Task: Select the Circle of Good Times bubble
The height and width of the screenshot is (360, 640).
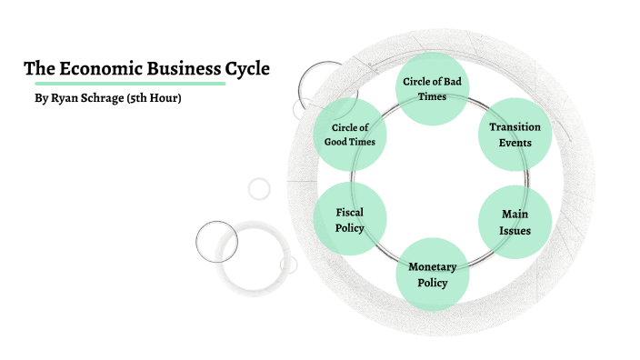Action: click(x=349, y=135)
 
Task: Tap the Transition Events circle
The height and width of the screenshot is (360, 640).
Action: click(x=515, y=135)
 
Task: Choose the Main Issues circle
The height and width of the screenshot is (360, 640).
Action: click(x=515, y=222)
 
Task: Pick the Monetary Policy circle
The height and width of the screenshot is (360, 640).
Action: click(x=433, y=274)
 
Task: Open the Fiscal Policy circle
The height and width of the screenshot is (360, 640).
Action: click(x=350, y=220)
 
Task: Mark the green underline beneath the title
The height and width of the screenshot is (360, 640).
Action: click(x=124, y=84)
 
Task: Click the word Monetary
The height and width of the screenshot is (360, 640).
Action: click(x=433, y=266)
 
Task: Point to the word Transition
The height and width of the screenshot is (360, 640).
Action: click(x=515, y=127)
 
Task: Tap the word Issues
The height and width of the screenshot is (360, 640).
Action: click(x=515, y=230)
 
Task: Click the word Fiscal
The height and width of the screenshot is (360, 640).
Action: click(x=350, y=212)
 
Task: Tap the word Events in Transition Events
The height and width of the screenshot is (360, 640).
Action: click(x=515, y=143)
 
